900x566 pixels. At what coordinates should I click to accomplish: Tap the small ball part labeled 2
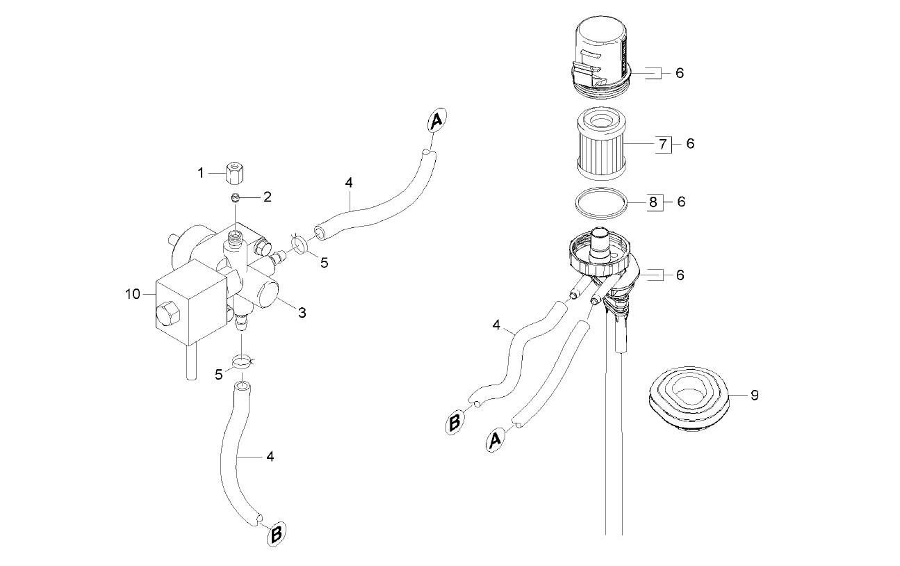point(236,197)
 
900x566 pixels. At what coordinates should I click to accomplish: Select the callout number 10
point(132,294)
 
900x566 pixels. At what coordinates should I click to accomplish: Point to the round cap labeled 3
point(265,295)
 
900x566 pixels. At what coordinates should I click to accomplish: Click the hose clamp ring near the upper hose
point(299,245)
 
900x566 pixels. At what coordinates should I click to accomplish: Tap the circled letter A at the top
point(436,120)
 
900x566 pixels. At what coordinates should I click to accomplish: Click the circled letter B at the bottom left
point(277,534)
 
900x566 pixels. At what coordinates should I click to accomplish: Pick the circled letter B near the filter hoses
point(455,422)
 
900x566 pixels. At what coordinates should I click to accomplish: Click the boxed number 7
point(663,144)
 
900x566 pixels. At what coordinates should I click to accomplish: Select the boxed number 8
point(654,202)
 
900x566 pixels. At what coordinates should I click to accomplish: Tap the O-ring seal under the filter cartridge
point(600,204)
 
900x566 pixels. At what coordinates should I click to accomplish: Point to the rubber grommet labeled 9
point(689,399)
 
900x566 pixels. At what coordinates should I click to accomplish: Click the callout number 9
point(755,396)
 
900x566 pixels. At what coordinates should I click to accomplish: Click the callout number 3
point(302,313)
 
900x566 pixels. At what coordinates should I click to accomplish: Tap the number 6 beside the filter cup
point(680,73)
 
